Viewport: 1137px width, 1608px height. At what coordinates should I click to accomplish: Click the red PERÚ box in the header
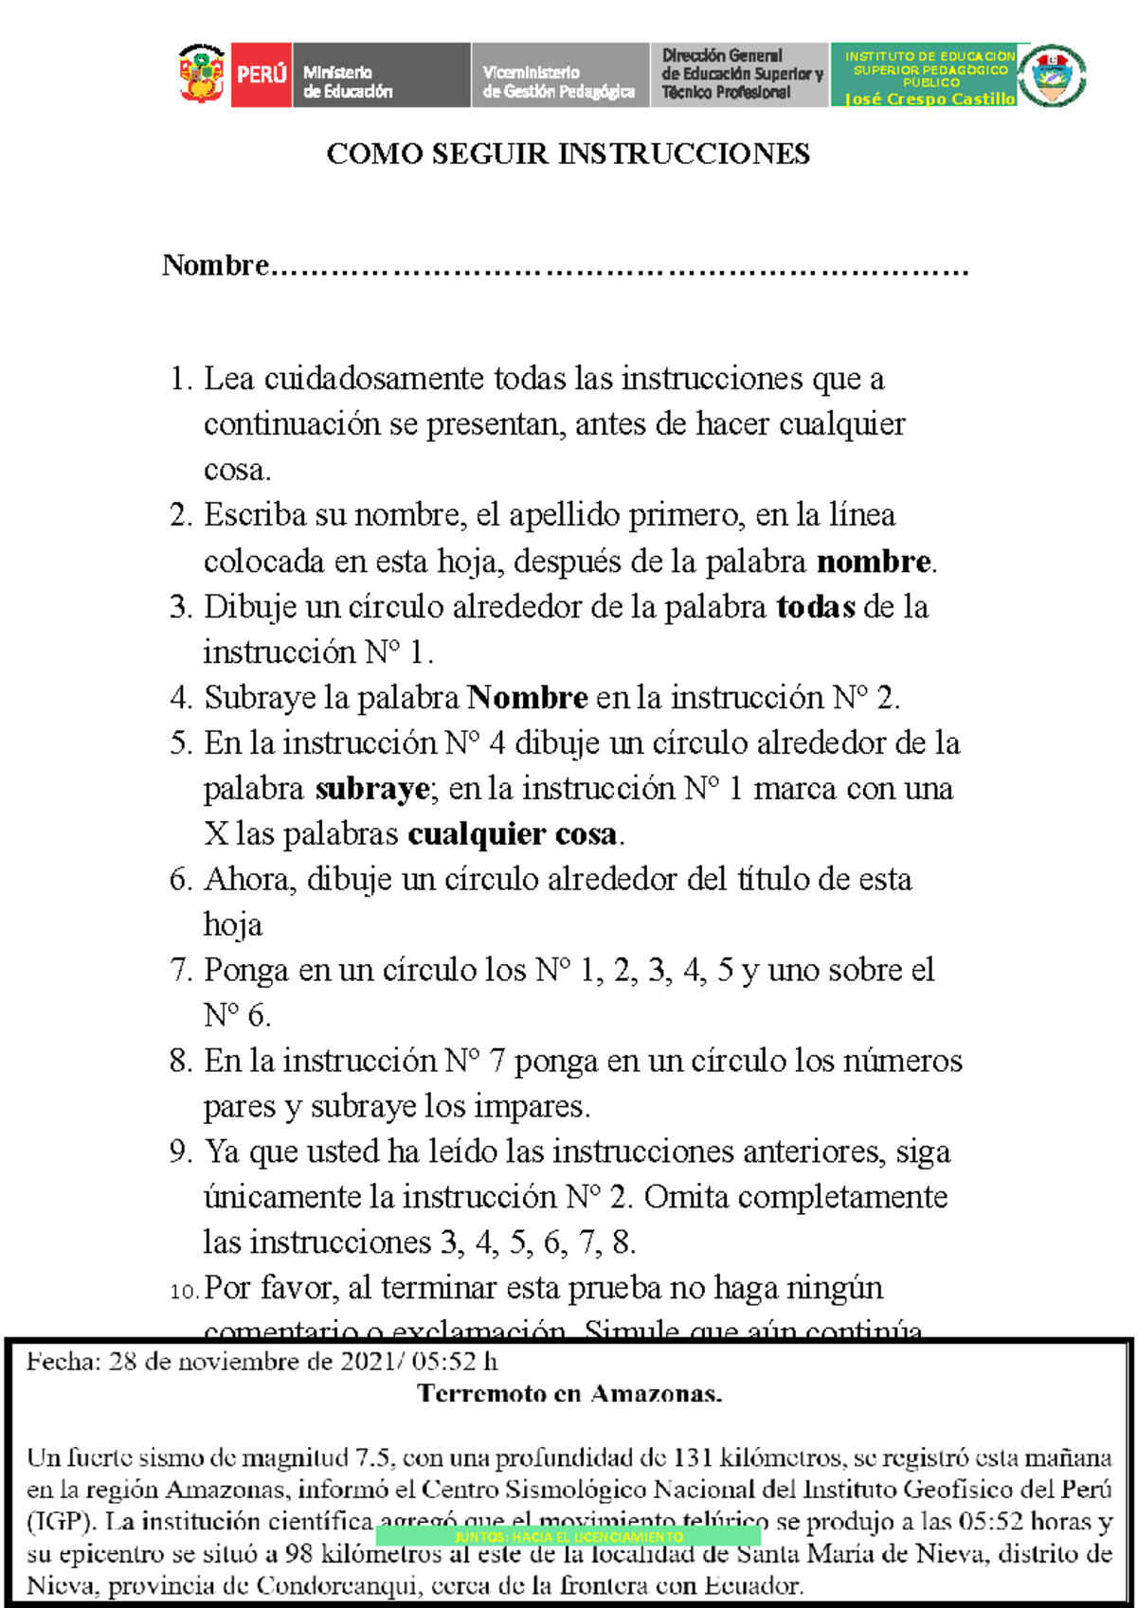[262, 74]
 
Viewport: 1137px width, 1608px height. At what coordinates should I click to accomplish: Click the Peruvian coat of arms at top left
[202, 74]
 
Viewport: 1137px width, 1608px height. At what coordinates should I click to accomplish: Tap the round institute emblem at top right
[1052, 74]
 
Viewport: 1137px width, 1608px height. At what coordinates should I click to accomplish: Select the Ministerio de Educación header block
[380, 75]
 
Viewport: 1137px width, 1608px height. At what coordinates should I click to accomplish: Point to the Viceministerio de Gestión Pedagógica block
[559, 75]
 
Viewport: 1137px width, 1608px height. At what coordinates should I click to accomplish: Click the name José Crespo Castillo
[929, 98]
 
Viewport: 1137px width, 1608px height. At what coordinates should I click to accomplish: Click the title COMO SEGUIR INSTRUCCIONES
[568, 153]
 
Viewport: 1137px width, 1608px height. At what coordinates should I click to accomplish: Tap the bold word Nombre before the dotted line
[216, 265]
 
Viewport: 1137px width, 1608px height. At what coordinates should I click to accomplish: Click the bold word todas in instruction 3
[816, 607]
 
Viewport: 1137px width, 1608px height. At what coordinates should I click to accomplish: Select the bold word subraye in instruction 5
[372, 789]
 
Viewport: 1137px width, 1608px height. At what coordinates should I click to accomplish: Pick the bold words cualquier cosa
[513, 834]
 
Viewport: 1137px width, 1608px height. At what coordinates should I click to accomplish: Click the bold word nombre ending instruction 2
[874, 562]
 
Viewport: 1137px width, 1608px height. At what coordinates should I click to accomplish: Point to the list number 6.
[180, 880]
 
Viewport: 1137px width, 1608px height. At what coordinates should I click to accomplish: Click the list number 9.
[180, 1152]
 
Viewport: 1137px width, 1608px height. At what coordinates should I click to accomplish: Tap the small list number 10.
[184, 1291]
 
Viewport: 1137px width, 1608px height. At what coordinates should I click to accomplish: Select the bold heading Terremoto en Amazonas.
[569, 1393]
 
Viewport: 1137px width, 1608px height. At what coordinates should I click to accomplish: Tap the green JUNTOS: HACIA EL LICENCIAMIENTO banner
[568, 1536]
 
